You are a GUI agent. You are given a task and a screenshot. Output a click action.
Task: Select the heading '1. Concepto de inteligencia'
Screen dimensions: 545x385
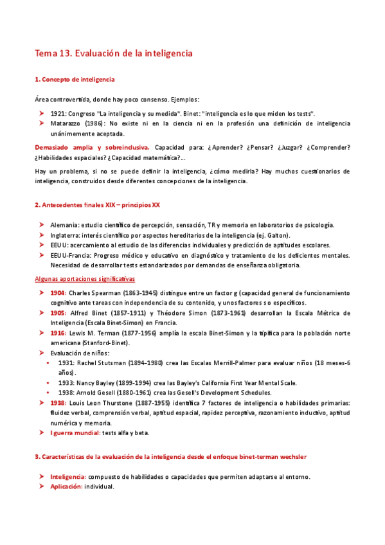click(x=75, y=79)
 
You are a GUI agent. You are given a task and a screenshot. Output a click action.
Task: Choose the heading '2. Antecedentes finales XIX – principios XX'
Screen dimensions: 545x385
click(x=97, y=205)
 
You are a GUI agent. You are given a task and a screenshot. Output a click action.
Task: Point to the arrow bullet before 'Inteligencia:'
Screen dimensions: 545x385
click(x=40, y=477)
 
